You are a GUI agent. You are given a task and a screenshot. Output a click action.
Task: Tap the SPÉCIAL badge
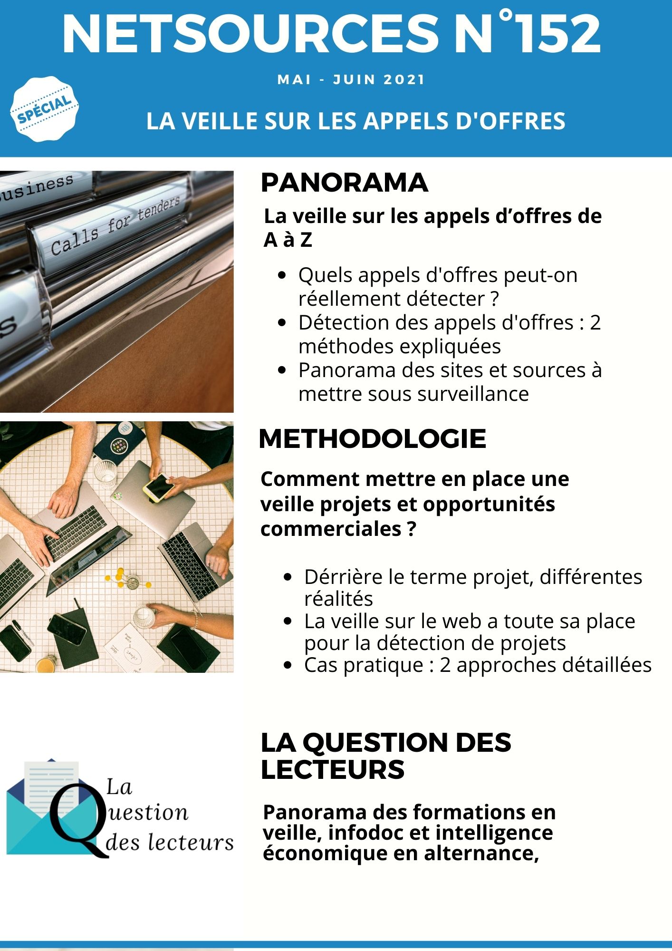44,109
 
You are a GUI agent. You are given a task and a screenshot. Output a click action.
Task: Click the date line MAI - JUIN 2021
351,79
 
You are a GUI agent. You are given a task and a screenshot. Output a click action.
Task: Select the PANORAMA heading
344,183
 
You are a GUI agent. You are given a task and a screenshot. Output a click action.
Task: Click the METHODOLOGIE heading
372,439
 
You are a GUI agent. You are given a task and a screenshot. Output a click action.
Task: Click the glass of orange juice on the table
46,663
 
